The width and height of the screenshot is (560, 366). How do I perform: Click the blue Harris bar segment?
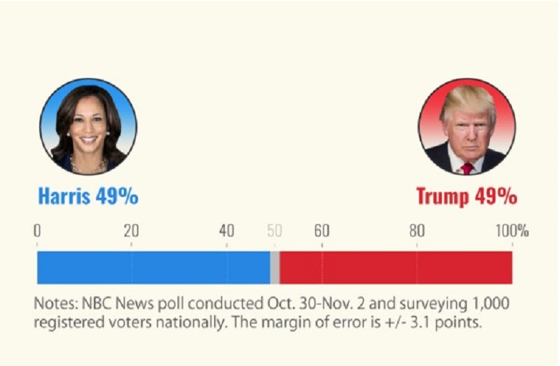[x=153, y=268]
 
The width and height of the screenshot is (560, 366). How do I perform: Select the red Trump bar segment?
[x=395, y=268]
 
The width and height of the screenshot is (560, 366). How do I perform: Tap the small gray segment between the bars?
[x=275, y=268]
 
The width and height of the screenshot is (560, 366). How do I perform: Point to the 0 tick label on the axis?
[x=37, y=231]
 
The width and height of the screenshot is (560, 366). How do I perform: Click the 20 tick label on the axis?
[x=131, y=231]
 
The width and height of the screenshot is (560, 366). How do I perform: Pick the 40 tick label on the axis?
[x=226, y=231]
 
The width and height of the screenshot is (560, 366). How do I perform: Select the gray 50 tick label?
[x=274, y=231]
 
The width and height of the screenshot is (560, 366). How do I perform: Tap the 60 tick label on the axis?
[x=322, y=231]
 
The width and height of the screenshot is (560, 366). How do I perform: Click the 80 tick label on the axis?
[x=417, y=231]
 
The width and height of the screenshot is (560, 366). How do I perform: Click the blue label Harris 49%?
[x=88, y=196]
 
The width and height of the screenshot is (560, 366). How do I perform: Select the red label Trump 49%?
[x=466, y=196]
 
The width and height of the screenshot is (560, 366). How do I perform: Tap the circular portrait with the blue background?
[x=88, y=127]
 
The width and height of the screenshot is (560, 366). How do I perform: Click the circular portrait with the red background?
[x=467, y=127]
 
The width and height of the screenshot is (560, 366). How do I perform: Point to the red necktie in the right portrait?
[x=467, y=168]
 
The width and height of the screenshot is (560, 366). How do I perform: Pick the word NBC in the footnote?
[x=95, y=303]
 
